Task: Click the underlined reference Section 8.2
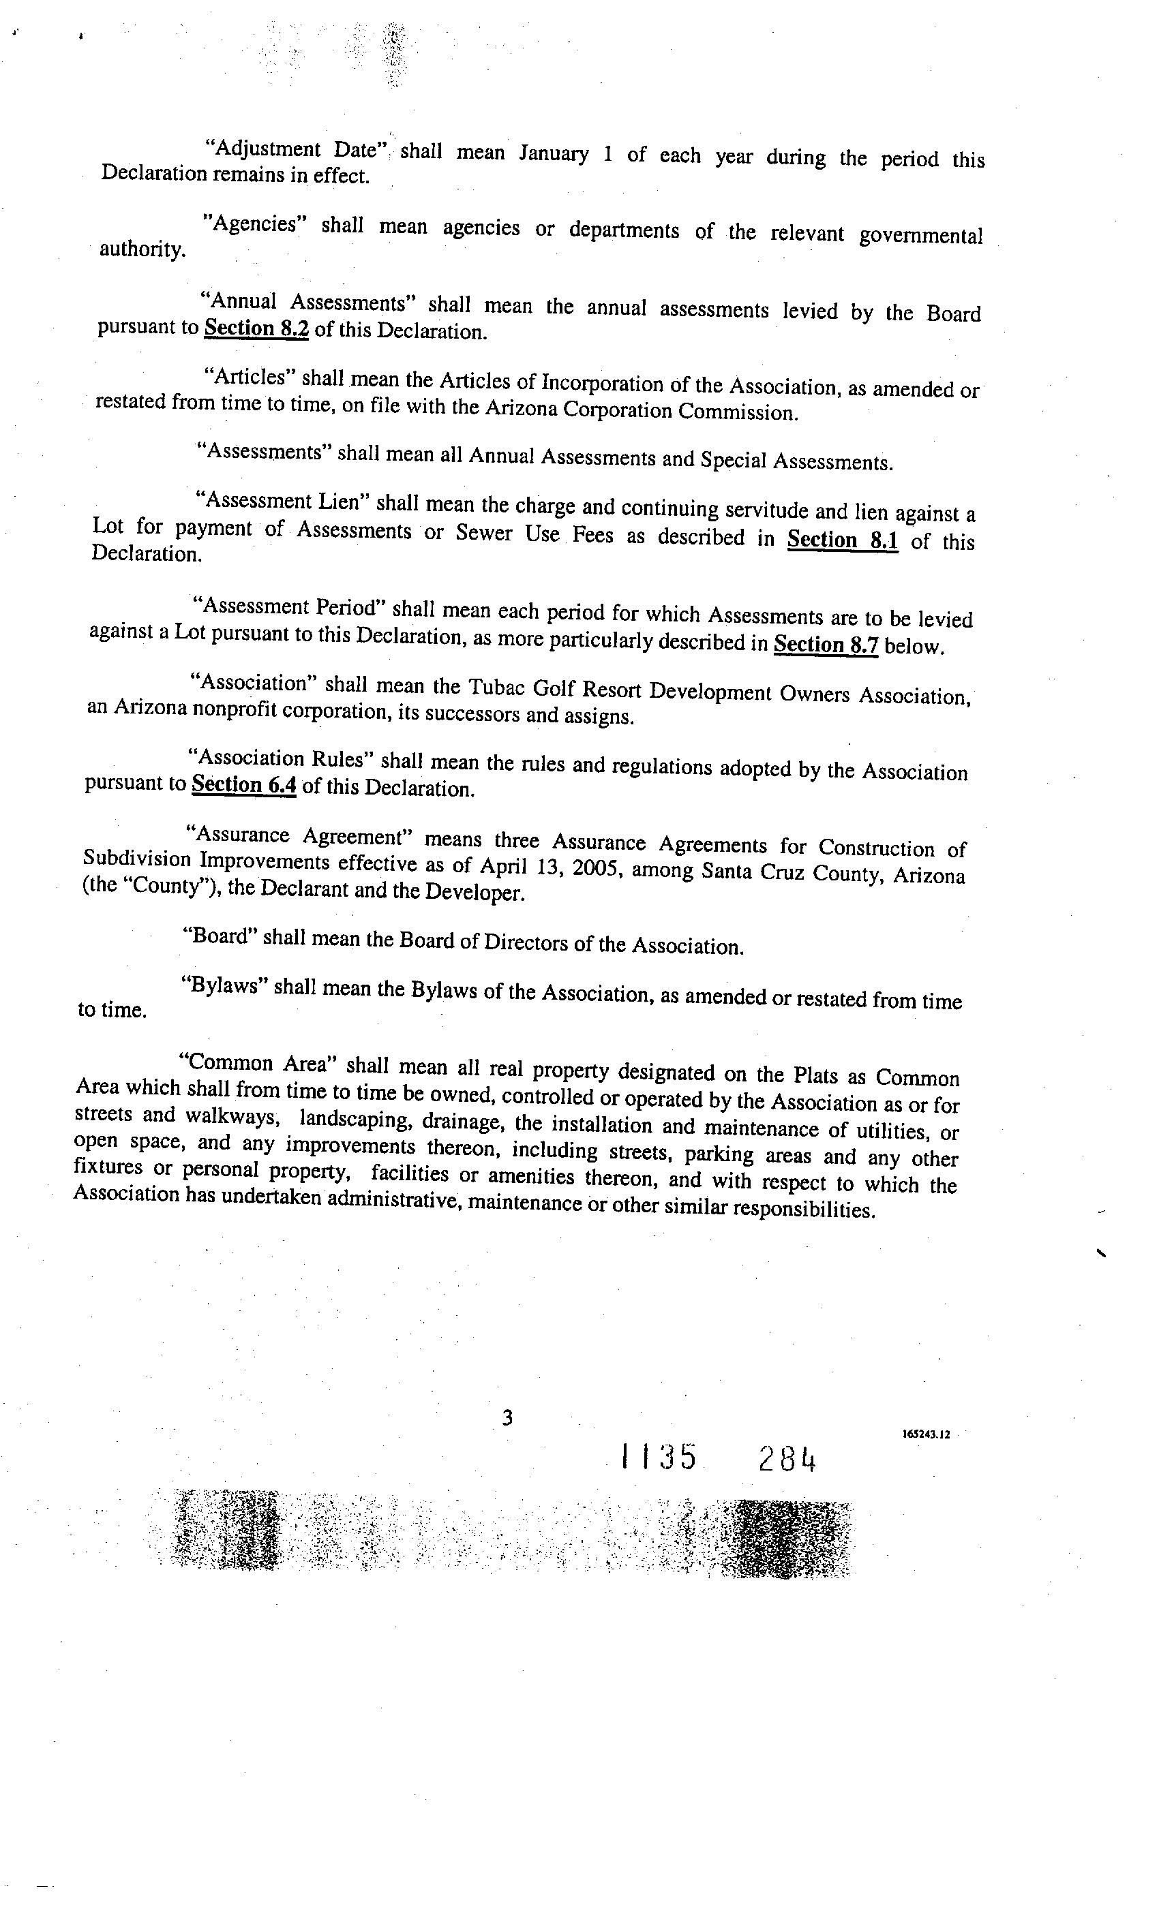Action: (x=256, y=328)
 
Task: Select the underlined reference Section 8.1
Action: (x=842, y=539)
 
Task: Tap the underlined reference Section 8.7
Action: (x=826, y=643)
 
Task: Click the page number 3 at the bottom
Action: (x=507, y=1418)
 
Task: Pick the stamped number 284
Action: (x=787, y=1460)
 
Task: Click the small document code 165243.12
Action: (x=926, y=1434)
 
